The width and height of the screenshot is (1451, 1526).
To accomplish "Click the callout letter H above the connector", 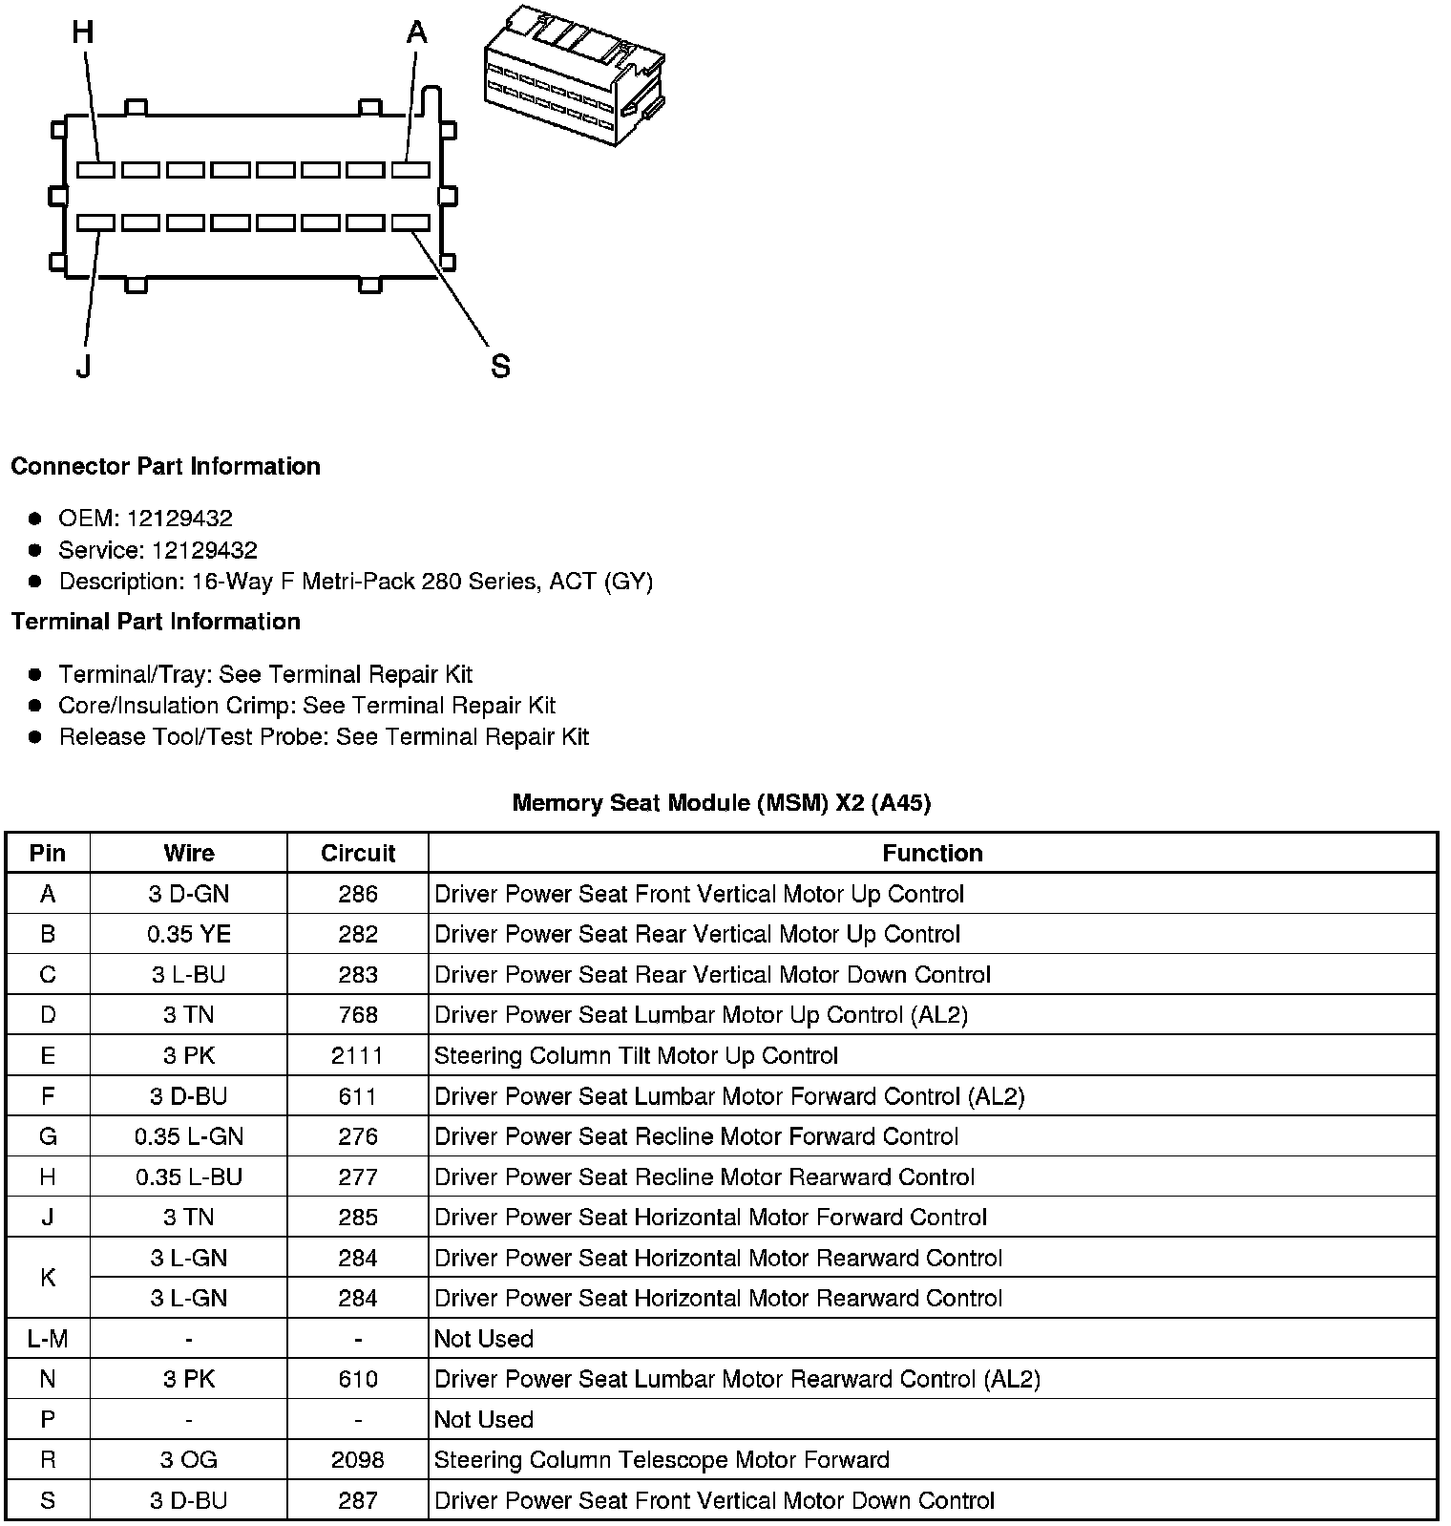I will [x=83, y=33].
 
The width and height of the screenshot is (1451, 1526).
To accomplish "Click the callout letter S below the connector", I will [x=500, y=366].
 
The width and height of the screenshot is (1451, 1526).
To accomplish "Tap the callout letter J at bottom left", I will [x=84, y=366].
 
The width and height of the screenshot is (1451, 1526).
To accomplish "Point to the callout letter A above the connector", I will [x=416, y=33].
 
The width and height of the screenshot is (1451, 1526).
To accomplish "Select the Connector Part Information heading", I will [x=165, y=467].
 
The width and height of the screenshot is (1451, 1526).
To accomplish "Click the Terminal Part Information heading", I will [x=156, y=622].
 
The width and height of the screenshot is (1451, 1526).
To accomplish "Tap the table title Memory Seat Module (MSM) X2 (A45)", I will [x=721, y=803].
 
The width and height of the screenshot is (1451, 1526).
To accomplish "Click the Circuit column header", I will [x=358, y=853].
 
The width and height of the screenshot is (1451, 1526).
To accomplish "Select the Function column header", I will [x=932, y=853].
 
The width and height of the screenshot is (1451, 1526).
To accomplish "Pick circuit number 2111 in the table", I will [x=358, y=1055].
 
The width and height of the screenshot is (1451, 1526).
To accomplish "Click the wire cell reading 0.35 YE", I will [x=189, y=934].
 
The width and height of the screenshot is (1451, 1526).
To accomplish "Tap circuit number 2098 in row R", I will [x=358, y=1459].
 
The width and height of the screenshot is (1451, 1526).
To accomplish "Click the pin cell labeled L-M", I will [x=48, y=1339].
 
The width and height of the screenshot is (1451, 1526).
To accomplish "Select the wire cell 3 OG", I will [x=189, y=1459].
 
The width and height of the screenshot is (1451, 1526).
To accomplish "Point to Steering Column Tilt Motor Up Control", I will [x=636, y=1055].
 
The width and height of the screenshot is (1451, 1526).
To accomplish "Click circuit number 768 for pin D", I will [x=358, y=1015].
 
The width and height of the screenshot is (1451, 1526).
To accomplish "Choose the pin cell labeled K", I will [x=48, y=1278].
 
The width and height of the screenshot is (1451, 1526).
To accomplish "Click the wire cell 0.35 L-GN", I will [x=189, y=1136].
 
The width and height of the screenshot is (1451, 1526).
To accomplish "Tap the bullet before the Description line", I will [x=35, y=582].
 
